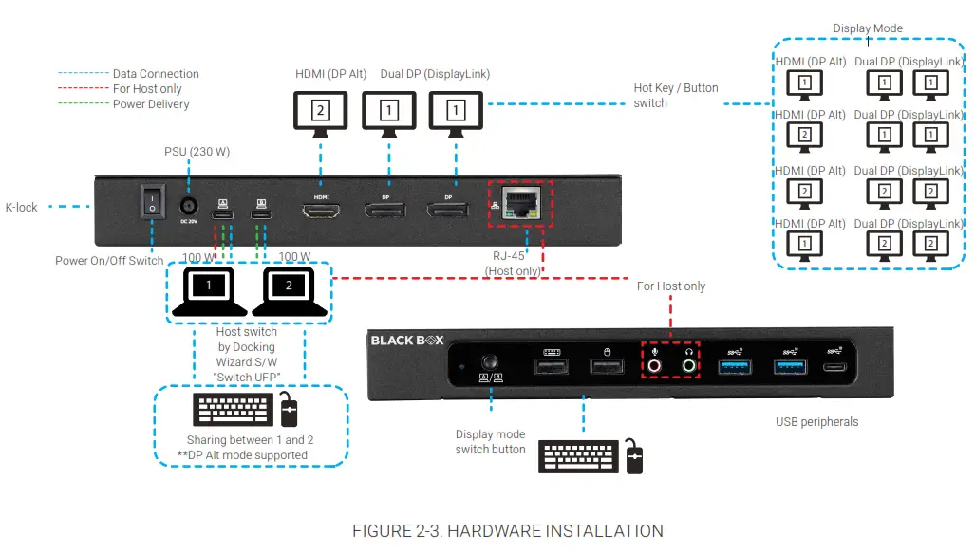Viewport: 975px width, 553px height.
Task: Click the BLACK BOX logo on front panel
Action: click(x=406, y=340)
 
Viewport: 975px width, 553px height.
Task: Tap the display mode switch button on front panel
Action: click(x=491, y=363)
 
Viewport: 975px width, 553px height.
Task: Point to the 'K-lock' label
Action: click(x=22, y=207)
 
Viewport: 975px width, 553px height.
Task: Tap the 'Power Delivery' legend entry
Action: click(x=151, y=104)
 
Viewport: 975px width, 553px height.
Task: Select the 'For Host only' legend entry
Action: click(x=147, y=89)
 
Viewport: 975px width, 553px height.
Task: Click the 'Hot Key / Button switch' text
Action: click(x=675, y=95)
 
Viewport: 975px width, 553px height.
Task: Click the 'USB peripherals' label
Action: click(x=816, y=422)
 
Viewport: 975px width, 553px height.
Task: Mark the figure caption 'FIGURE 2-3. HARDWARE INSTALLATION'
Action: click(x=507, y=531)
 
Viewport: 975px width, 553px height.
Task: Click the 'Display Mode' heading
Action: click(x=868, y=28)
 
